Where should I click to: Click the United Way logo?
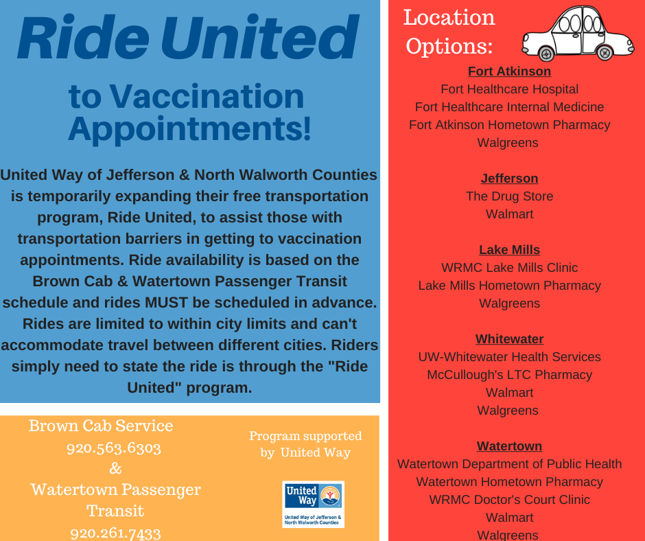point(313,504)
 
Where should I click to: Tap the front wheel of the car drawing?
point(546,54)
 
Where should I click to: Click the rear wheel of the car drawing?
point(605,53)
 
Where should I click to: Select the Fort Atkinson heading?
point(509,71)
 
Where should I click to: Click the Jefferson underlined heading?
point(509,179)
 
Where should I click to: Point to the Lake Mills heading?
point(509,249)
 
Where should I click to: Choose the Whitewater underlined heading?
point(509,339)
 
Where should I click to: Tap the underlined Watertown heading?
point(509,446)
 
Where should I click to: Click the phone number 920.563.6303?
point(113,448)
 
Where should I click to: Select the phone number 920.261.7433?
point(115,533)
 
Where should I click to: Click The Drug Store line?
point(509,196)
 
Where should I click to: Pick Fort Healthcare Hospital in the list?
point(509,89)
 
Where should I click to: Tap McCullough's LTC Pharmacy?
point(509,375)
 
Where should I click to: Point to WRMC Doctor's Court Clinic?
point(509,499)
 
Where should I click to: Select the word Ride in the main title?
point(84,38)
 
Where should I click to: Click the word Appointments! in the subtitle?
point(189,129)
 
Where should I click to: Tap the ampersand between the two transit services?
point(115,468)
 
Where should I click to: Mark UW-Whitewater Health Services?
point(509,356)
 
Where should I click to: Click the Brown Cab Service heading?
point(101,426)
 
